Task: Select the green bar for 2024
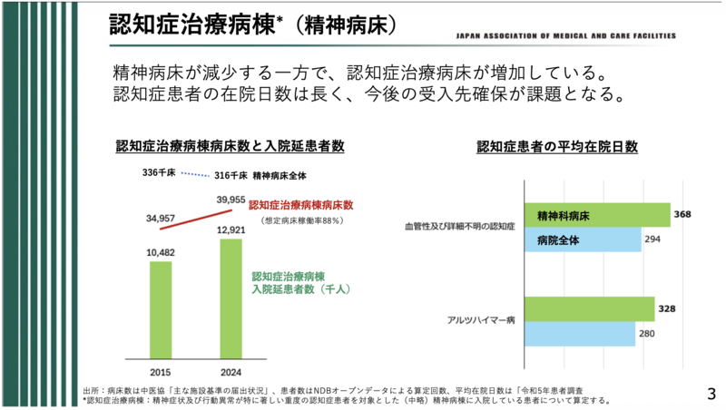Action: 231,299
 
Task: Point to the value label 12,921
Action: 231,230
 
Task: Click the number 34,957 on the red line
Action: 159,219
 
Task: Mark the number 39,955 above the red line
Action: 231,200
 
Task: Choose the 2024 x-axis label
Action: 231,371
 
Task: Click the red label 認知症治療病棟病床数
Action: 302,205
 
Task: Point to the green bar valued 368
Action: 596,216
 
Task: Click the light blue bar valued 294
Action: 583,240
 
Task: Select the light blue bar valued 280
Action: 579,334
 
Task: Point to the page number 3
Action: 711,393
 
